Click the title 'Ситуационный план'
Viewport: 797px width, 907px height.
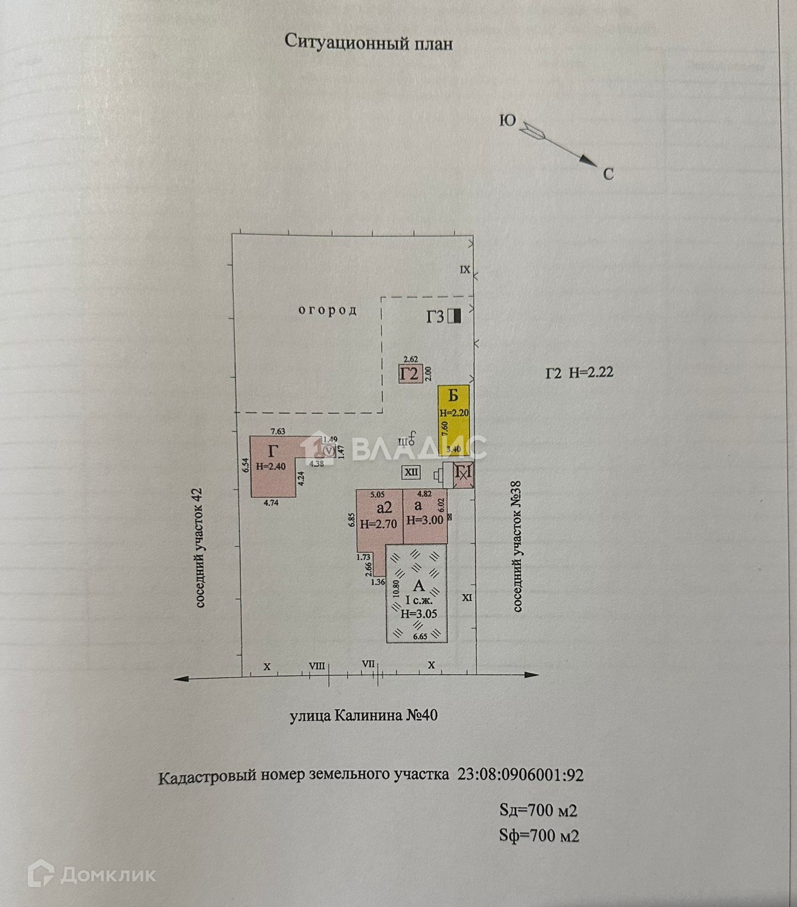pyautogui.click(x=368, y=42)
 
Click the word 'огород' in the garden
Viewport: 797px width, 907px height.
pyautogui.click(x=328, y=310)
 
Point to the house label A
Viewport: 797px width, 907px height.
pyautogui.click(x=418, y=586)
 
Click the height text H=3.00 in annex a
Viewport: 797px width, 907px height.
pyautogui.click(x=425, y=520)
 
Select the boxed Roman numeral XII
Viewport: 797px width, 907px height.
pyautogui.click(x=411, y=472)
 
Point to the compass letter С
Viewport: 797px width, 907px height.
pyautogui.click(x=608, y=174)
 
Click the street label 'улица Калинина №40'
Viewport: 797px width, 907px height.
pyautogui.click(x=363, y=716)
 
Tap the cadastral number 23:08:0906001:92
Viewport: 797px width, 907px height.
pyautogui.click(x=520, y=775)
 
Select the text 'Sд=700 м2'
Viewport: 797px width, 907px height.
pyautogui.click(x=538, y=810)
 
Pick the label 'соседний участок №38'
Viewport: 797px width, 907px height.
pyautogui.click(x=517, y=558)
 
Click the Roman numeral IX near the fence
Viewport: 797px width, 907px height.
pyautogui.click(x=465, y=270)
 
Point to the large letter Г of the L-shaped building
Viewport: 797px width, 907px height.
pyautogui.click(x=273, y=451)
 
